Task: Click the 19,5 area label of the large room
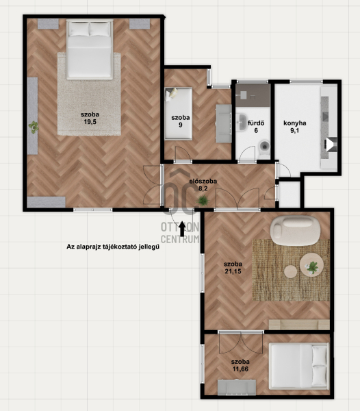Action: coord(90,122)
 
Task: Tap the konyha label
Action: coord(295,123)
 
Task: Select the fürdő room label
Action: coord(256,123)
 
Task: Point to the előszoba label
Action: coord(203,181)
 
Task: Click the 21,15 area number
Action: coord(233,271)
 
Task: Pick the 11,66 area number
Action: coord(240,369)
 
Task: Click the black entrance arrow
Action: coord(182,229)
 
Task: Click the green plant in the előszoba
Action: coord(203,201)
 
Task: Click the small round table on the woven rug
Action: coord(291,271)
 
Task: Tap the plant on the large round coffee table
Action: coord(312,268)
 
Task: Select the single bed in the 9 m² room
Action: coord(179,114)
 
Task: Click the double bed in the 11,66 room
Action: coord(299,366)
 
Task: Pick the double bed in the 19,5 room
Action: coord(90,49)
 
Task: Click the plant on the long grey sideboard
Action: coord(34,127)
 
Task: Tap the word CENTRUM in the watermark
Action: coord(180,239)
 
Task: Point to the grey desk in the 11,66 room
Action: coord(237,387)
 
